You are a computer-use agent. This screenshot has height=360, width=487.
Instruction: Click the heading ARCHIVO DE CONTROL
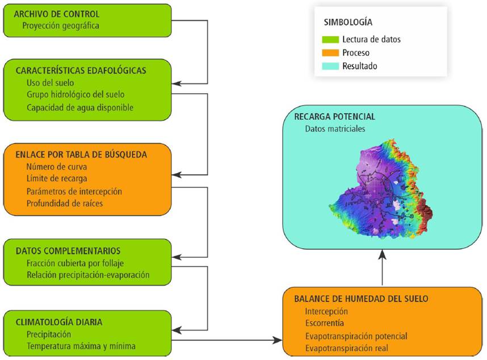coord(57,14)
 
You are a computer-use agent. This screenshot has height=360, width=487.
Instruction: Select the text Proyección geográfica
coord(61,26)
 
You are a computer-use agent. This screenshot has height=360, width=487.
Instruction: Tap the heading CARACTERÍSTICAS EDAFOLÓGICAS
coord(81,71)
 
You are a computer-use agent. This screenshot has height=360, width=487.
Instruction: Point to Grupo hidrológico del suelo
coord(75,95)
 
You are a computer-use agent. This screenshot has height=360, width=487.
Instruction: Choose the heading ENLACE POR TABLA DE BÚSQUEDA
coord(81,154)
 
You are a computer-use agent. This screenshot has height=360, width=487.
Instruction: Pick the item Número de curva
coord(56,167)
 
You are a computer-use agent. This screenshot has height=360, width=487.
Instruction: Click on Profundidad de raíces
coord(65,203)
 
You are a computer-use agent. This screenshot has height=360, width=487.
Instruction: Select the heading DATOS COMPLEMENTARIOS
coord(68,251)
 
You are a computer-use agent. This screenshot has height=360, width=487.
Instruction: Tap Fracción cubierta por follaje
coord(75,263)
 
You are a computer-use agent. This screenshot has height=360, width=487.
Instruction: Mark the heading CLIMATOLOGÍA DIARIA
coord(59,323)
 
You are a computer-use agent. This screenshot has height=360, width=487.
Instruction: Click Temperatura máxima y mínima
coord(81,346)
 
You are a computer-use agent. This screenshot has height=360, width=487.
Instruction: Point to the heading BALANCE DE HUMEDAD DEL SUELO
coord(361,299)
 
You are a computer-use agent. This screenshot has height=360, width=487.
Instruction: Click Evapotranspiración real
coord(346,348)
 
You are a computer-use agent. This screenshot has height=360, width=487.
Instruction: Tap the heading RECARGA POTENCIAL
coord(334,116)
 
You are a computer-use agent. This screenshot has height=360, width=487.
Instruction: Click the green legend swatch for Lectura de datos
coord(331,40)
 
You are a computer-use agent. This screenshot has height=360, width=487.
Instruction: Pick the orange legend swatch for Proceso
coord(331,53)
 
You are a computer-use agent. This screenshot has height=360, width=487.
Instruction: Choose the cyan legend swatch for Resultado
coord(331,66)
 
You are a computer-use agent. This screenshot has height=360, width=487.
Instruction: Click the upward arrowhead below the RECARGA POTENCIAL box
coord(383,256)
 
